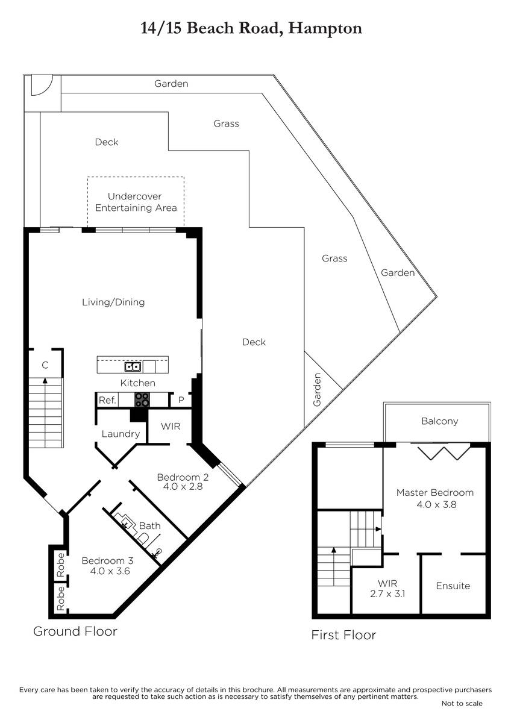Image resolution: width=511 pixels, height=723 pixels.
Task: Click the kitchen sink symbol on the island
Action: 133,367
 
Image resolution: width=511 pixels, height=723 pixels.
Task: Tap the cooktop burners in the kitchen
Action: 142,400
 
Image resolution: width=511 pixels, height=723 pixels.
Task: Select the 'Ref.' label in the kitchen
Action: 107,400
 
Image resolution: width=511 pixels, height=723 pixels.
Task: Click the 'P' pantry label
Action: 181,400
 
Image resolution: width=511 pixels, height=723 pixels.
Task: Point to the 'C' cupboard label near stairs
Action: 45,365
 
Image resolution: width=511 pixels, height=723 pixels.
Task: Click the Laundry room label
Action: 121,434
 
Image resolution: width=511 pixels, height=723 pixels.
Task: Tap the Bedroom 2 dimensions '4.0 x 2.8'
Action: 183,486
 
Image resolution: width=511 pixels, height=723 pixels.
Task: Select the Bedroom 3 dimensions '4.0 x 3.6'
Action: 110,571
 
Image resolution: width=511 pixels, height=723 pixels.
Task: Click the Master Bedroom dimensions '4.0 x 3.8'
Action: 436,504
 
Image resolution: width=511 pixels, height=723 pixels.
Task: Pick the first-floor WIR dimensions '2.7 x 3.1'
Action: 387,593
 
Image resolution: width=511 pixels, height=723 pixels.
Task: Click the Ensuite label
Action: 453,586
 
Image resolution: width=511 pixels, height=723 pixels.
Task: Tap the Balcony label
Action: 440,421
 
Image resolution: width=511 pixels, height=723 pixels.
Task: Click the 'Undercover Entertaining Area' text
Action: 136,202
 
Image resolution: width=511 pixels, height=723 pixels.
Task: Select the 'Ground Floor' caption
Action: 75,631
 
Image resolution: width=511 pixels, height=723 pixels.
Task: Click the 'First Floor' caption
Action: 343,635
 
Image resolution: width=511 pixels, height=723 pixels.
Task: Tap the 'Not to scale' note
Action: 462,703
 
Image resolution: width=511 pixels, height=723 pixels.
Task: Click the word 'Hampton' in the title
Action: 325,29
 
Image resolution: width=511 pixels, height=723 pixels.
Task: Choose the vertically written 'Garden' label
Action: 317,390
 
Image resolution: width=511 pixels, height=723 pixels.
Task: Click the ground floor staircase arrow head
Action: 45,381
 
